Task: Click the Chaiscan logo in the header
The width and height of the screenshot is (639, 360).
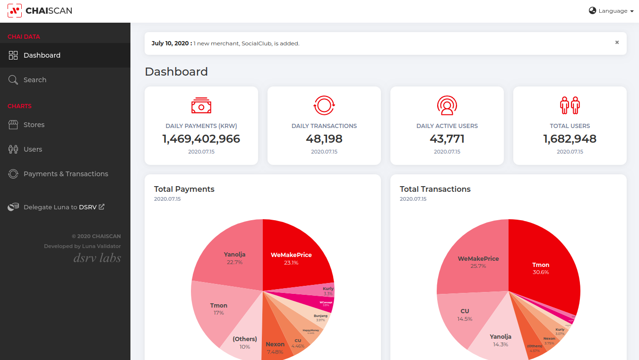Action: click(40, 11)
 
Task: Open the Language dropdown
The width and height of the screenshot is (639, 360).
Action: click(611, 11)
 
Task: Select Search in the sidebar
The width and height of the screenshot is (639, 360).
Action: click(35, 80)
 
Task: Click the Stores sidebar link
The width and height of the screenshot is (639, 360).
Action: click(34, 125)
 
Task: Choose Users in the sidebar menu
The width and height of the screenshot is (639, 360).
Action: click(33, 149)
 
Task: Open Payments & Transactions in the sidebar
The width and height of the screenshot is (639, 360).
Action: click(66, 174)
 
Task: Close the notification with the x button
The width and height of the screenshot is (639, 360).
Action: click(617, 43)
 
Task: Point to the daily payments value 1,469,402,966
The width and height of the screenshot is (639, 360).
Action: click(201, 139)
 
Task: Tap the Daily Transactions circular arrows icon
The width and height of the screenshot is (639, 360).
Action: click(324, 105)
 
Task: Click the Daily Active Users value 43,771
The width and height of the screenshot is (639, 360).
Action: click(447, 139)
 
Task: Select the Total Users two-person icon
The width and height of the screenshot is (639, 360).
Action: click(570, 105)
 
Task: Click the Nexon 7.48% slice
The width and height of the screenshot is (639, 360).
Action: click(275, 347)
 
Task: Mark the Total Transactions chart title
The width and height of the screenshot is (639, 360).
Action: click(435, 189)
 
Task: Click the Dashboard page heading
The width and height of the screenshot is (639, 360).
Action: click(176, 72)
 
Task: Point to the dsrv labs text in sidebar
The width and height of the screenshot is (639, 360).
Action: click(97, 258)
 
